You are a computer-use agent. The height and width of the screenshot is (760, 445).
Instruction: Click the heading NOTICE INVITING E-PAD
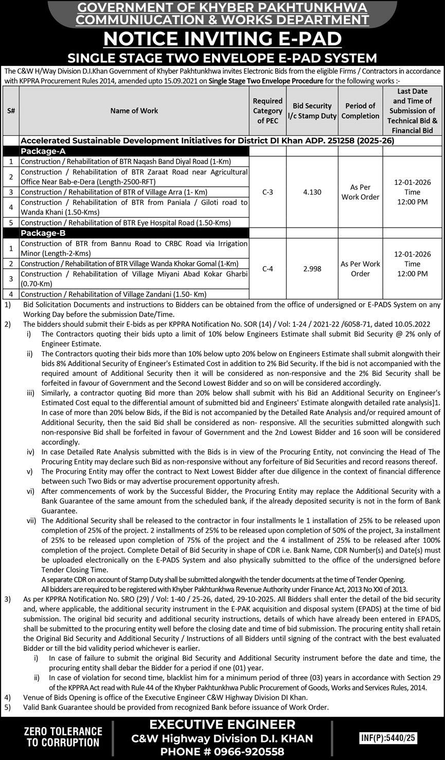pyautogui.click(x=222, y=39)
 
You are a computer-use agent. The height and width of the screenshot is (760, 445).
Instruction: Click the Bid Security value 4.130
pyautogui.click(x=312, y=192)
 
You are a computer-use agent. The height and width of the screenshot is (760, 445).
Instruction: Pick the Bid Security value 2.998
pyautogui.click(x=312, y=268)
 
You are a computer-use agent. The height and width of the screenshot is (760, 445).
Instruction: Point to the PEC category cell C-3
pyautogui.click(x=268, y=192)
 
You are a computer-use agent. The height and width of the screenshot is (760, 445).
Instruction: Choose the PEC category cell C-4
pyautogui.click(x=268, y=268)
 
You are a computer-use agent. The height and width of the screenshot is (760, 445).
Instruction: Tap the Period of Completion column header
pyautogui.click(x=360, y=111)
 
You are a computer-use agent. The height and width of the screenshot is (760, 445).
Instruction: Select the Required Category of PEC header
pyautogui.click(x=268, y=111)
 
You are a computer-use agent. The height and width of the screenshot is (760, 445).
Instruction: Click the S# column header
pyautogui.click(x=11, y=111)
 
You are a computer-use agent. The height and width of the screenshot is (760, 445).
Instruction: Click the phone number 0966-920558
pyautogui.click(x=243, y=751)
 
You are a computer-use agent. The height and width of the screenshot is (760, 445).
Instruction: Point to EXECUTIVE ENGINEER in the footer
pyautogui.click(x=222, y=724)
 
